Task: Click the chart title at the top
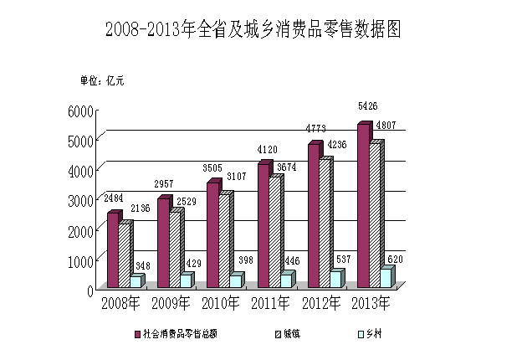pyautogui.click(x=253, y=30)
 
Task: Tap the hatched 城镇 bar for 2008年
pyautogui.click(x=124, y=255)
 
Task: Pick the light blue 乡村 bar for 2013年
pyautogui.click(x=386, y=278)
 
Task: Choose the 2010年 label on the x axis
pyautogui.click(x=220, y=302)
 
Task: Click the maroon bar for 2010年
pyautogui.click(x=212, y=235)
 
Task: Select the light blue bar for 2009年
pyautogui.click(x=186, y=280)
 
